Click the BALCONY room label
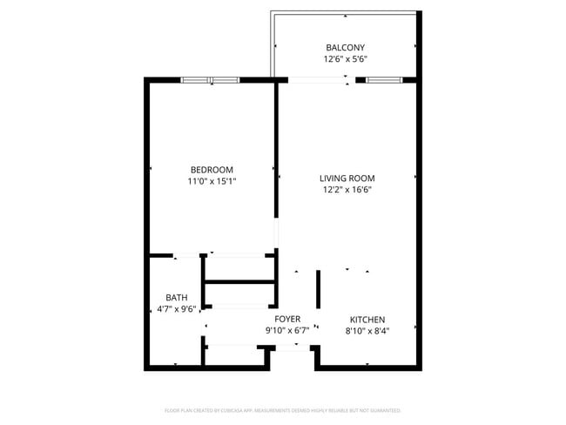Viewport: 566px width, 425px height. click(346, 47)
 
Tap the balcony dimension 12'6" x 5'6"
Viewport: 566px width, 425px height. click(346, 59)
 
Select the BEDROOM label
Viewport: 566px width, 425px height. click(212, 169)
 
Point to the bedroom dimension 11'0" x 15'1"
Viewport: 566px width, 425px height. click(212, 181)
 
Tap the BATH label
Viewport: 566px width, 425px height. click(176, 297)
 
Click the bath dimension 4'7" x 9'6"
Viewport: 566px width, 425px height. click(176, 309)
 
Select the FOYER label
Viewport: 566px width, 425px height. click(287, 319)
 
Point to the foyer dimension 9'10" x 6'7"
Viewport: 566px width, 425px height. click(287, 331)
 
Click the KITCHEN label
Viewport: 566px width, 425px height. click(367, 320)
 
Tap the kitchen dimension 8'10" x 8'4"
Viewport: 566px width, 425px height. click(367, 332)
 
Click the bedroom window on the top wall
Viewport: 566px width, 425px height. click(210, 80)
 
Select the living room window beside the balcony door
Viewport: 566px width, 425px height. click(384, 80)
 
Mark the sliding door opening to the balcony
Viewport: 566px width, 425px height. click(319, 80)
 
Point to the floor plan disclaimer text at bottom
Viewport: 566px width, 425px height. click(283, 410)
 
